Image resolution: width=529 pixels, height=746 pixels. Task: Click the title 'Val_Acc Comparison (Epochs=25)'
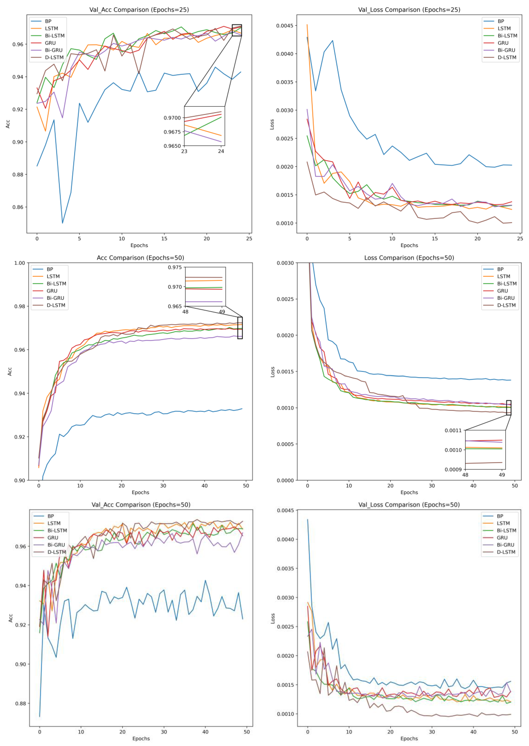click(139, 10)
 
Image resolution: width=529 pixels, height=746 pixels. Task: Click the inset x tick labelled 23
click(184, 151)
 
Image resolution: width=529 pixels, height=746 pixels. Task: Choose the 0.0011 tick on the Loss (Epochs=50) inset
click(453, 430)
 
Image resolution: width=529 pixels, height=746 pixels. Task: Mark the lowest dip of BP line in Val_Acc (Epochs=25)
click(63, 223)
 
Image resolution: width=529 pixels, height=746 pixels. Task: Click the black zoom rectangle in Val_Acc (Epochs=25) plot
click(237, 30)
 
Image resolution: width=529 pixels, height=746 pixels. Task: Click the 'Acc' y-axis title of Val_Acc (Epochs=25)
click(8, 124)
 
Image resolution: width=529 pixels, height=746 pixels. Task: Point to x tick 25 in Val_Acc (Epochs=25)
click(249, 238)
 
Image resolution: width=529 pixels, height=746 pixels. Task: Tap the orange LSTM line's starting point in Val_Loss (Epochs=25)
click(307, 24)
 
